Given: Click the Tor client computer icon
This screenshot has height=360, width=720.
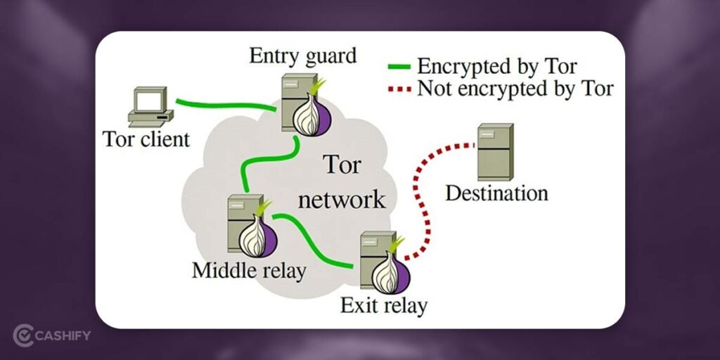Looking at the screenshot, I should coord(148,106).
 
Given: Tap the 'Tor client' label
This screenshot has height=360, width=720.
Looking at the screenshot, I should coord(146,139).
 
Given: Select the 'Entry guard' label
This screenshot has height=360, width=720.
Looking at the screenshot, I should coord(302,55).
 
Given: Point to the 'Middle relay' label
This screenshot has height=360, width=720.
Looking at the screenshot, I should coord(249,271).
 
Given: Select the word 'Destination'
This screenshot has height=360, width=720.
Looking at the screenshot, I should coord(496,193).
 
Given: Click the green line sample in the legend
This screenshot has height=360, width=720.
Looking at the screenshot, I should coord(399,67).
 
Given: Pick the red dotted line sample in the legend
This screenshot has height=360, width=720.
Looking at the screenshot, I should coord(399,89).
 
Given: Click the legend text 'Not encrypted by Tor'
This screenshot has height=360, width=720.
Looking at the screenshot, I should coord(515,89).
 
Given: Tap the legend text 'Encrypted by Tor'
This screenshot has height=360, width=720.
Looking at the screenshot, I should coord(497,67).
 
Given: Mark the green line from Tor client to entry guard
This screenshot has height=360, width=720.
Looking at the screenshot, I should coord(225,105).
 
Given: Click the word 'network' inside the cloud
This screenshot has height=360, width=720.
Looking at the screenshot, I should coord(342,199).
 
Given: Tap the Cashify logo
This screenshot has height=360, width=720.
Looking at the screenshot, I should coord(52,334).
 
